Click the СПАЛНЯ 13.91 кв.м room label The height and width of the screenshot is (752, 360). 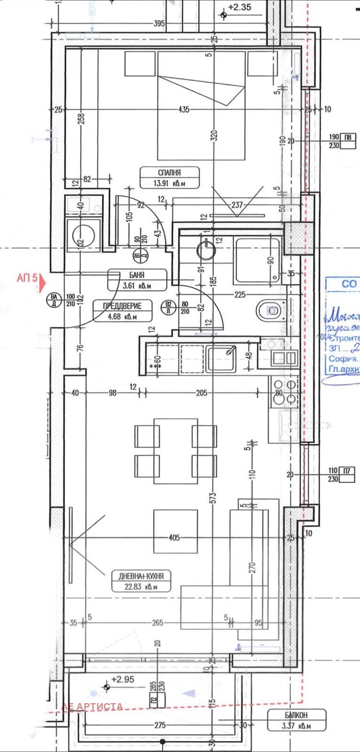tap(169, 178)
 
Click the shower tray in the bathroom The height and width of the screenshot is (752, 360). tap(258, 260)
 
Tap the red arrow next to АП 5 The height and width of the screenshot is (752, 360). tap(43, 282)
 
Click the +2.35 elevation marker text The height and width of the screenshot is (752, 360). tap(240, 7)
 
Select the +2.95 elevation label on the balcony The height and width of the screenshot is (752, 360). tap(123, 679)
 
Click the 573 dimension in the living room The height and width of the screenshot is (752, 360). tap(213, 495)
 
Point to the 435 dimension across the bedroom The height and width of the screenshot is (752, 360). tap(184, 109)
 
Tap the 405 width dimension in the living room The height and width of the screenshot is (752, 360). tap(174, 537)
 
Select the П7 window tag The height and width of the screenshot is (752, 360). tap(347, 470)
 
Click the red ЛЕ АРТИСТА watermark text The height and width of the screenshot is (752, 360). tap(92, 706)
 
